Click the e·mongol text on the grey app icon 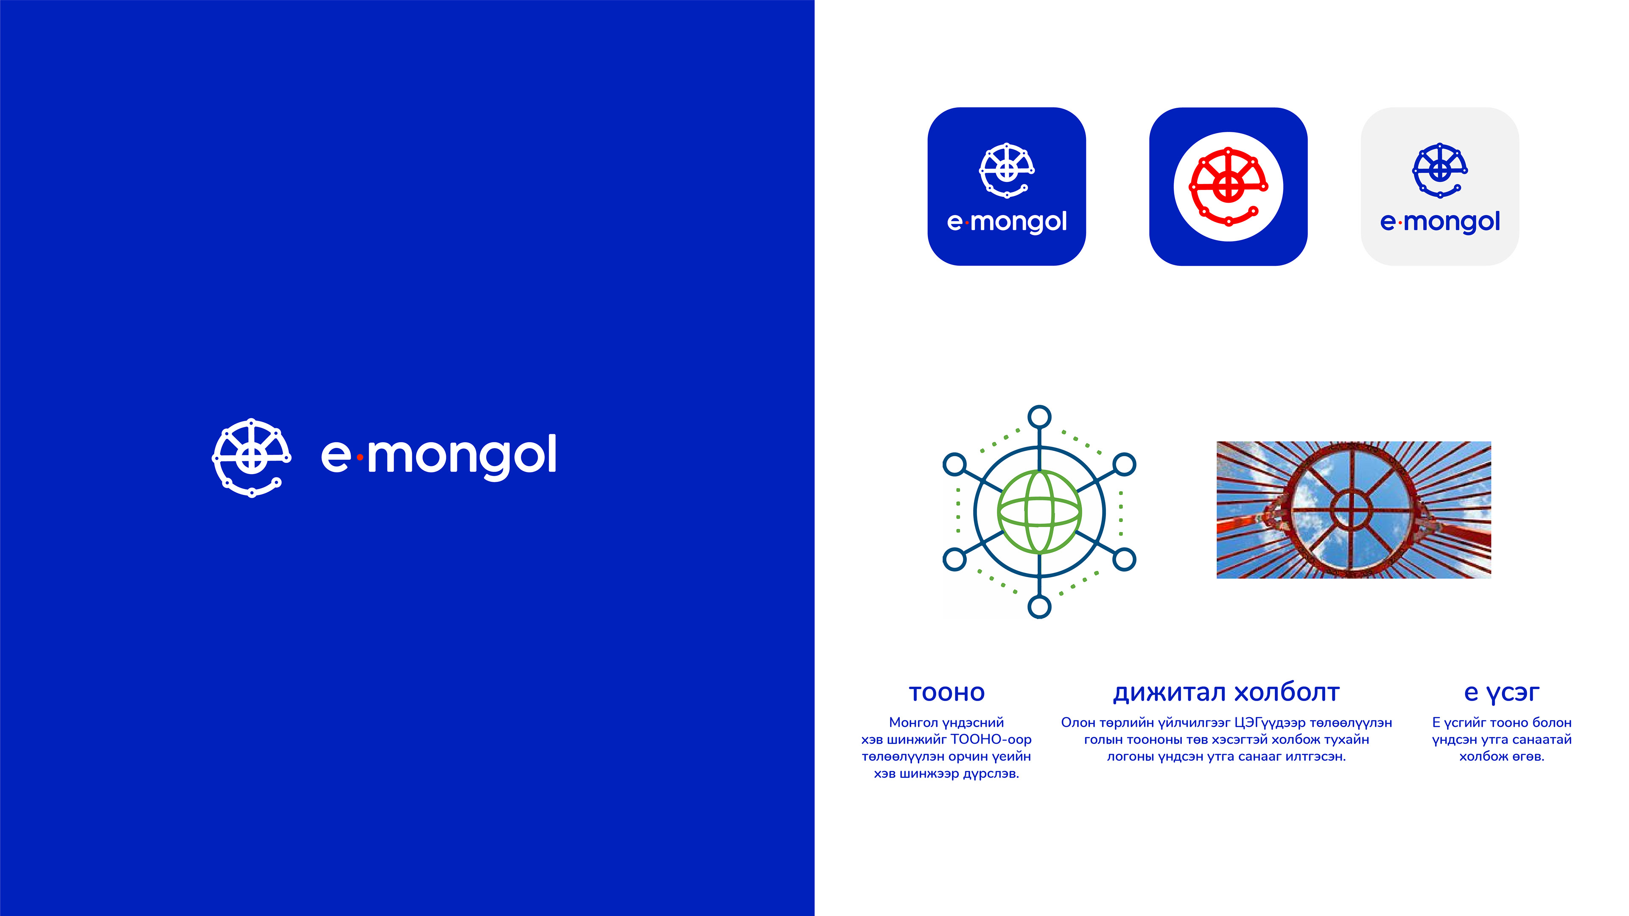(1440, 222)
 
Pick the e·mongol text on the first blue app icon (1007, 222)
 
